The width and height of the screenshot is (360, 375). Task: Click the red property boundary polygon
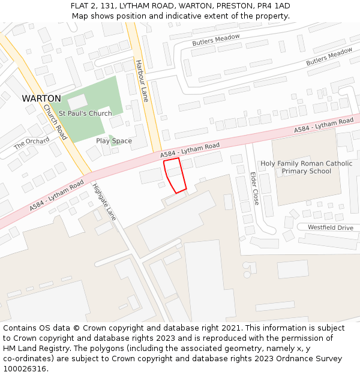point(175,175)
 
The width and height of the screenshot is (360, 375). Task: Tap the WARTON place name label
point(41,98)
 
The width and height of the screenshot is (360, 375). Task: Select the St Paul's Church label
point(85,113)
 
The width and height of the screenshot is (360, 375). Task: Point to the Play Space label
point(114,141)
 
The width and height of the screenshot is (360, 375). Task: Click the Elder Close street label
point(254,188)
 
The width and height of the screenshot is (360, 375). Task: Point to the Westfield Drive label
point(331,228)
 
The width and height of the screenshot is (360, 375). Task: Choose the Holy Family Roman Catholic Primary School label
point(306,167)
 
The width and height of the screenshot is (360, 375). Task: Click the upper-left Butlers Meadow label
point(216,40)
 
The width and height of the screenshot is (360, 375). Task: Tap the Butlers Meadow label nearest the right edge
point(329,57)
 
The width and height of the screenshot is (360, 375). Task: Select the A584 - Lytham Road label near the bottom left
point(57,195)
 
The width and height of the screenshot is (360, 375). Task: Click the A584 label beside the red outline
point(190,150)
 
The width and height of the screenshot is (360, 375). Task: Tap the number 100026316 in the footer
point(25,368)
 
